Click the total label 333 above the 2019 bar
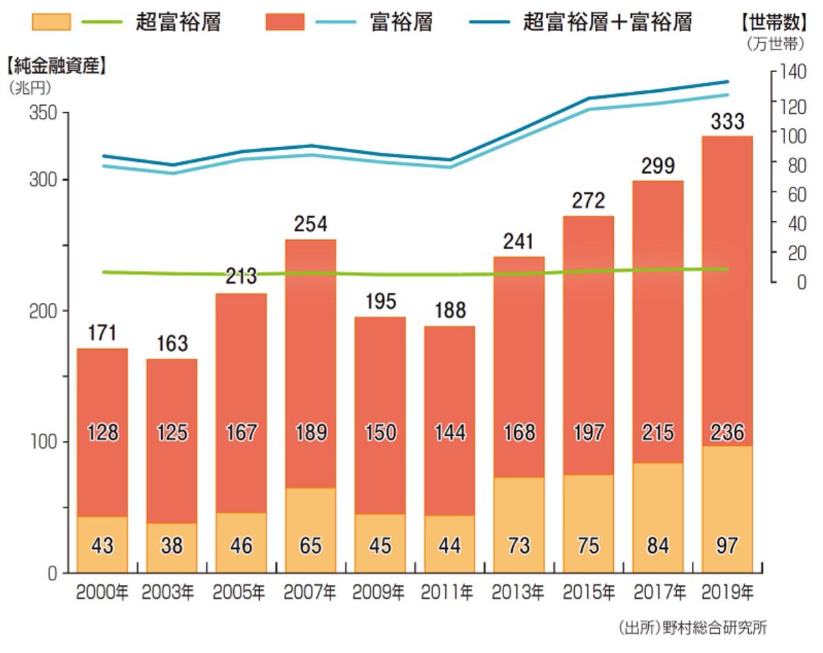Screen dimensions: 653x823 coord(728,122)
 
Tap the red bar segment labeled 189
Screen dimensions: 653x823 coord(311,364)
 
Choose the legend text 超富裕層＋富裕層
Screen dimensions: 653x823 coord(607,23)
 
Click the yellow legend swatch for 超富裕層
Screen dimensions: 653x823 coord(51,23)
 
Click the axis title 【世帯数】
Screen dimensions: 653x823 coord(770,23)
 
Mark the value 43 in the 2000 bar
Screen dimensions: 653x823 coord(102,546)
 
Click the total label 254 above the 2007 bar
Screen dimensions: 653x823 coord(311,224)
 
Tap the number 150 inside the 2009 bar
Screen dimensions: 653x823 coord(381,433)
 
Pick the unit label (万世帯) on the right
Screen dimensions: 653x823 coord(774,45)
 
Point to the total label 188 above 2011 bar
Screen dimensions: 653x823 coord(450,311)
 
